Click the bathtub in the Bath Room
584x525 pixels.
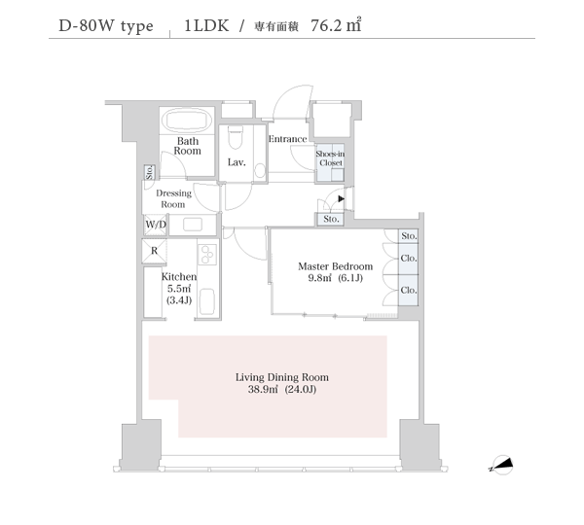[x=187, y=121]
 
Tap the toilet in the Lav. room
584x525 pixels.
[x=235, y=137]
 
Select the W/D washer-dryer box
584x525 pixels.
[x=156, y=225]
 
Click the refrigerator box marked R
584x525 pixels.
[x=154, y=251]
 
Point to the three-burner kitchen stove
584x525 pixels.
[x=207, y=255]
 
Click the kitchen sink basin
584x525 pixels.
[x=207, y=301]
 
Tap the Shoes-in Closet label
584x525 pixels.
[x=330, y=158]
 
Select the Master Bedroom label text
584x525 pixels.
[x=335, y=266]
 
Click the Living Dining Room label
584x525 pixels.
[x=282, y=377]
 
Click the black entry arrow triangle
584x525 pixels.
[x=342, y=199]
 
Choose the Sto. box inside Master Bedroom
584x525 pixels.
[x=409, y=236]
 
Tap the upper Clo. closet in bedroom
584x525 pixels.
[x=409, y=259]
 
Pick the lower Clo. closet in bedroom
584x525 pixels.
[x=409, y=291]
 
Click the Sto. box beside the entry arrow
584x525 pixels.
[x=331, y=219]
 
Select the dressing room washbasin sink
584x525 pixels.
[x=193, y=225]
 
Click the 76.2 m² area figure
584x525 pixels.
[x=336, y=25]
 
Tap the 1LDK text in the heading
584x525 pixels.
[x=206, y=25]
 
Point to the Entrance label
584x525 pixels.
[x=288, y=139]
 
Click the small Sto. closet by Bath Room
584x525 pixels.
[x=150, y=172]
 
